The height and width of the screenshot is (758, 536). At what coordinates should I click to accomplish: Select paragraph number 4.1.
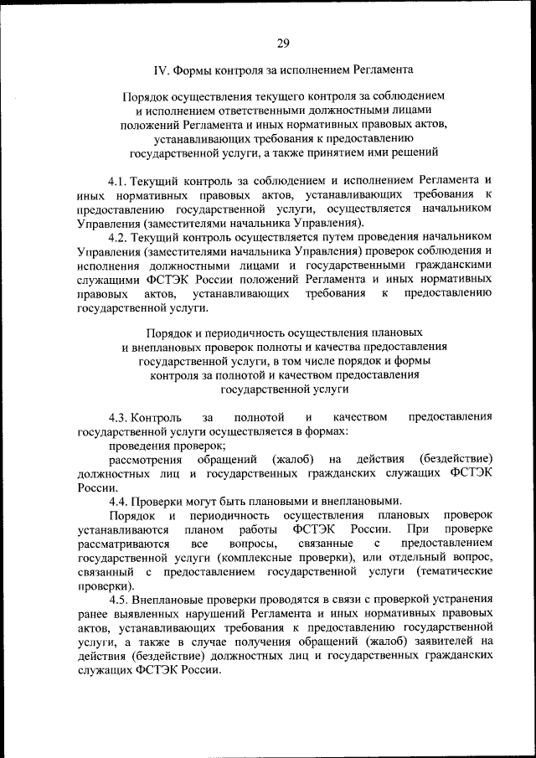(119, 181)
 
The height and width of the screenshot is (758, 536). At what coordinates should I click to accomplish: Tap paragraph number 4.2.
(119, 237)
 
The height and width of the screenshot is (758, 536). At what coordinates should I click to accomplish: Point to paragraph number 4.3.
(119, 417)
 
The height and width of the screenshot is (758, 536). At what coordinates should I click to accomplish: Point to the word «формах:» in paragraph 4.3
(328, 431)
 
